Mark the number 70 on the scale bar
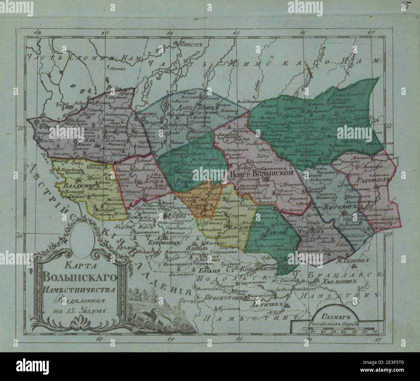(x=374, y=331)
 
